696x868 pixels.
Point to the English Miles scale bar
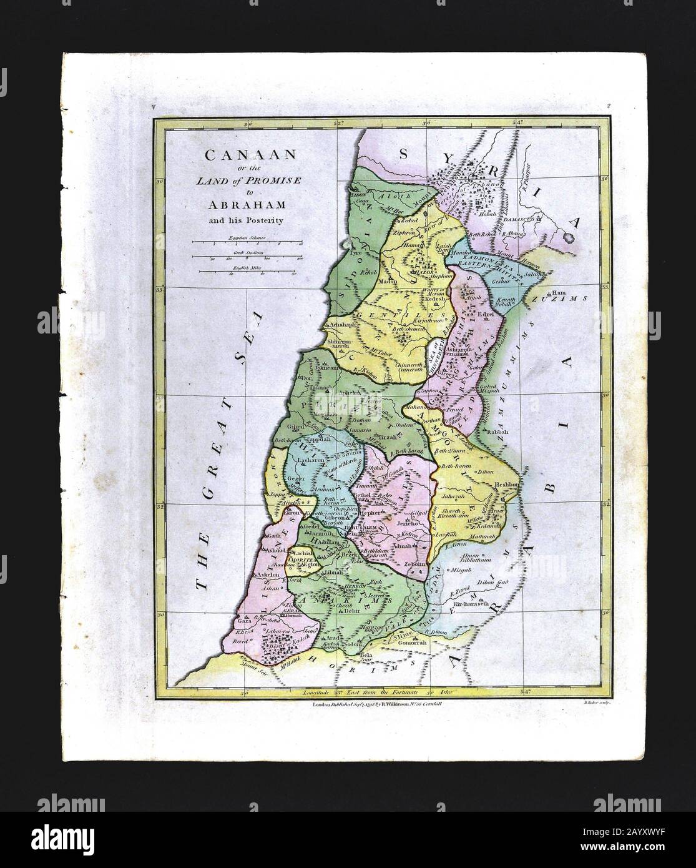tap(243, 271)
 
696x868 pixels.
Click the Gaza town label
tap(245, 623)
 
